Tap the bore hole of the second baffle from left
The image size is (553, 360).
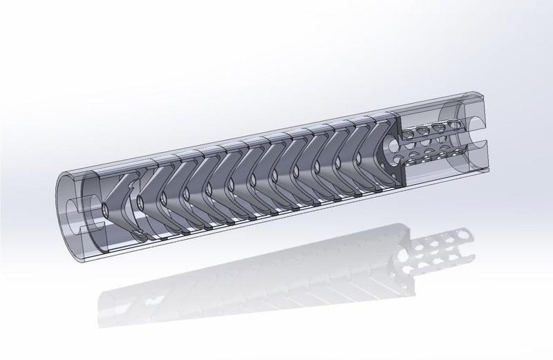tap(140, 202)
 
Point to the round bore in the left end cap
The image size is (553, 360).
tap(73, 209)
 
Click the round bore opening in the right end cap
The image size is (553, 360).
tap(453, 128)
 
